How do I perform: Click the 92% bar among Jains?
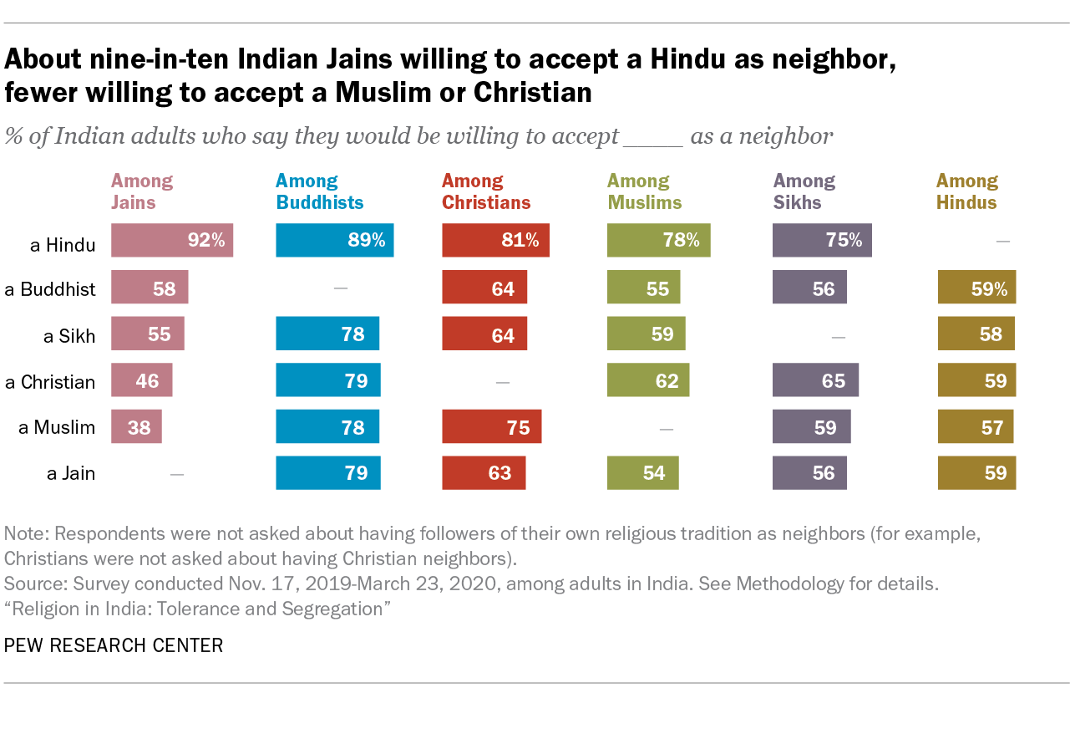pos(172,241)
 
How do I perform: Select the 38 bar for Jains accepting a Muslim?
pos(136,427)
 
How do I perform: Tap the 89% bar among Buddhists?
pos(335,241)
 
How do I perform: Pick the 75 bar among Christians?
pos(491,427)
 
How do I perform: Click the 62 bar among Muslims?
pos(648,381)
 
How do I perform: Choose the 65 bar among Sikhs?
pos(815,381)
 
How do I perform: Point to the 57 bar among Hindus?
pos(976,427)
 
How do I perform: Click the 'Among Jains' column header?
pos(142,191)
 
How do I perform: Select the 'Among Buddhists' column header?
pos(320,191)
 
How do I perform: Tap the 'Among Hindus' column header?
pos(966,191)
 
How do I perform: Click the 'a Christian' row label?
pos(50,382)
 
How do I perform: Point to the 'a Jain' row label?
pos(71,474)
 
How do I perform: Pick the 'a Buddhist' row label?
pos(50,289)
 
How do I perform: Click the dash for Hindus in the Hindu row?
pos(1003,242)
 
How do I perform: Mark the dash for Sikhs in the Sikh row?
pos(839,336)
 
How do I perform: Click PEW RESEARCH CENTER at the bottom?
pos(114,645)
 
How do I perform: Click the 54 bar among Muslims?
pos(642,473)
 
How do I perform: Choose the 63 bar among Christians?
pos(484,473)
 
